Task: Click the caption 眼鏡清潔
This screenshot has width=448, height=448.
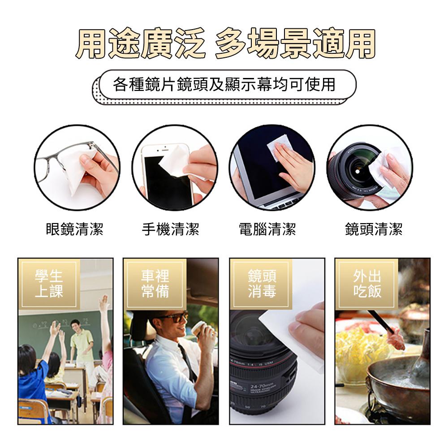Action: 75,229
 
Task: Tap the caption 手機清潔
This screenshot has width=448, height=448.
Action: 170,229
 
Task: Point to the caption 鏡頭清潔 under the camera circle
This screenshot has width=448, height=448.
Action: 374,229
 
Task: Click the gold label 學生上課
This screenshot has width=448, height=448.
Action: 49,284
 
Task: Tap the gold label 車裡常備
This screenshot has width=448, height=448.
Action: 155,284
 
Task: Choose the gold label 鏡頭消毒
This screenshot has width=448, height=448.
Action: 262,284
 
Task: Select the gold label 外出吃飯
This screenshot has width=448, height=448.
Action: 367,284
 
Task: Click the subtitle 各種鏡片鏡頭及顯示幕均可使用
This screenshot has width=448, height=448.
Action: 224,84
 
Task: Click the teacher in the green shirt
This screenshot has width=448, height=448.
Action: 82,343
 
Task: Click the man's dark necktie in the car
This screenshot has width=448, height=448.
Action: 187,363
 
